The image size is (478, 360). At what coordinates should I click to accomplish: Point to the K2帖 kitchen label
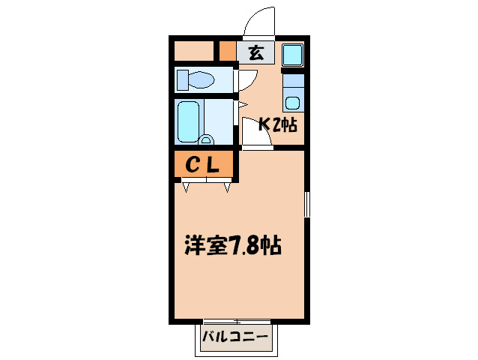[278, 125]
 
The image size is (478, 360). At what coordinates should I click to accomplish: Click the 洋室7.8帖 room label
[232, 245]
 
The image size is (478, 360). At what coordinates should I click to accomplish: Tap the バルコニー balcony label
[235, 338]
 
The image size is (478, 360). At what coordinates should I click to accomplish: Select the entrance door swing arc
[258, 22]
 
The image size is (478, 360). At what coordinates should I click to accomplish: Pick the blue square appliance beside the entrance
[293, 55]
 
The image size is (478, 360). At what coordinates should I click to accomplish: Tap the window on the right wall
[307, 204]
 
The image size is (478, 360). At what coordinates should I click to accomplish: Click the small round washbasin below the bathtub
[206, 139]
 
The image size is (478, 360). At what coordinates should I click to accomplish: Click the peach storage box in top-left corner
[193, 52]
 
